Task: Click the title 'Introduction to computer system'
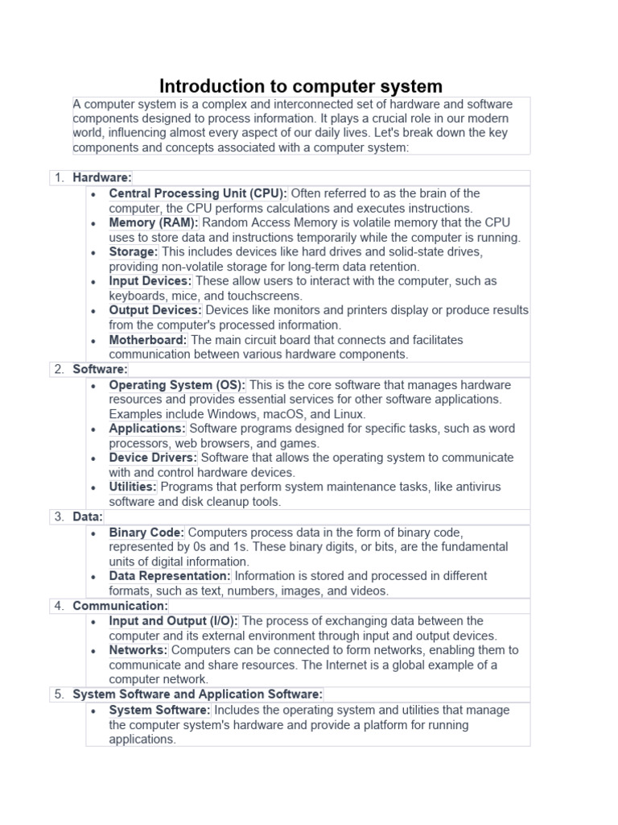[301, 86]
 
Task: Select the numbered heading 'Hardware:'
[102, 177]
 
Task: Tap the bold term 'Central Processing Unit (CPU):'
[198, 193]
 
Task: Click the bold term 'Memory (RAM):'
[154, 222]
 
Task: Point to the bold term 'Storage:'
[134, 251]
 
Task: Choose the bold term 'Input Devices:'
[150, 281]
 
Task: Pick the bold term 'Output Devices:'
[155, 310]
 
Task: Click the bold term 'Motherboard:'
[148, 340]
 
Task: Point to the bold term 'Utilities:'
[133, 487]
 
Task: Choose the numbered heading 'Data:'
[88, 516]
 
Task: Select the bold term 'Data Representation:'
[170, 576]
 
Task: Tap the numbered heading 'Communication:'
[121, 606]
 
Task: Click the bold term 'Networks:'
[138, 650]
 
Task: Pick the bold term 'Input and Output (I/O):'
[174, 621]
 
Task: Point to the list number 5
[59, 694]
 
